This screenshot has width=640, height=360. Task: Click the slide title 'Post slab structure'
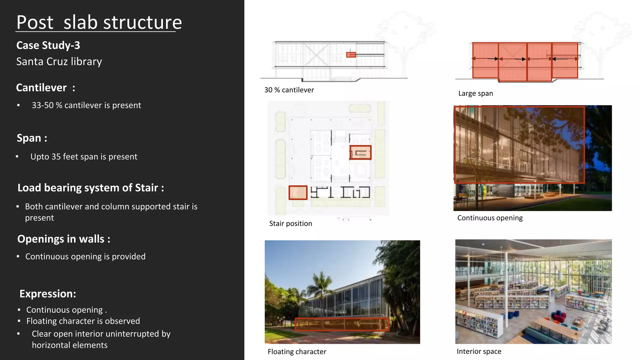(99, 22)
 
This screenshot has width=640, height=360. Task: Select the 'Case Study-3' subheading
(48, 45)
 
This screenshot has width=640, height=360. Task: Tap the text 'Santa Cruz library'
(59, 62)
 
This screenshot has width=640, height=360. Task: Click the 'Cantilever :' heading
(46, 88)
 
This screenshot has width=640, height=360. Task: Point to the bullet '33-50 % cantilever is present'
(86, 105)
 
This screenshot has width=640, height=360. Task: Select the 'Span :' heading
(32, 138)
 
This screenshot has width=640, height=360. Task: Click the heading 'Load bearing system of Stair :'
(91, 188)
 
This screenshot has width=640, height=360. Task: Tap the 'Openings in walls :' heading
(64, 239)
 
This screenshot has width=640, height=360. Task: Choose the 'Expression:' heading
(48, 294)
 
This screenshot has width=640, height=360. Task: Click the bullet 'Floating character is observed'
(83, 321)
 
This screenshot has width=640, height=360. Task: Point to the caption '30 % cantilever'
(289, 90)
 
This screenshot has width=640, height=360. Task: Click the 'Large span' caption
(476, 93)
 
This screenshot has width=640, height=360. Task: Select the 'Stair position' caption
(291, 223)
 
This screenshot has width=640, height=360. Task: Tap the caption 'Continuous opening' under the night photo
(490, 218)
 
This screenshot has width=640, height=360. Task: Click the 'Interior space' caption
(479, 351)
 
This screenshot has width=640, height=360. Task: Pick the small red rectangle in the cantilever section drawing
(351, 55)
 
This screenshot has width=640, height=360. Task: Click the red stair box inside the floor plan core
(360, 152)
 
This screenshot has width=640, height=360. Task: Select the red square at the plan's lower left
(298, 192)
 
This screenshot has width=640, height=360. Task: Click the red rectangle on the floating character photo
(342, 324)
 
